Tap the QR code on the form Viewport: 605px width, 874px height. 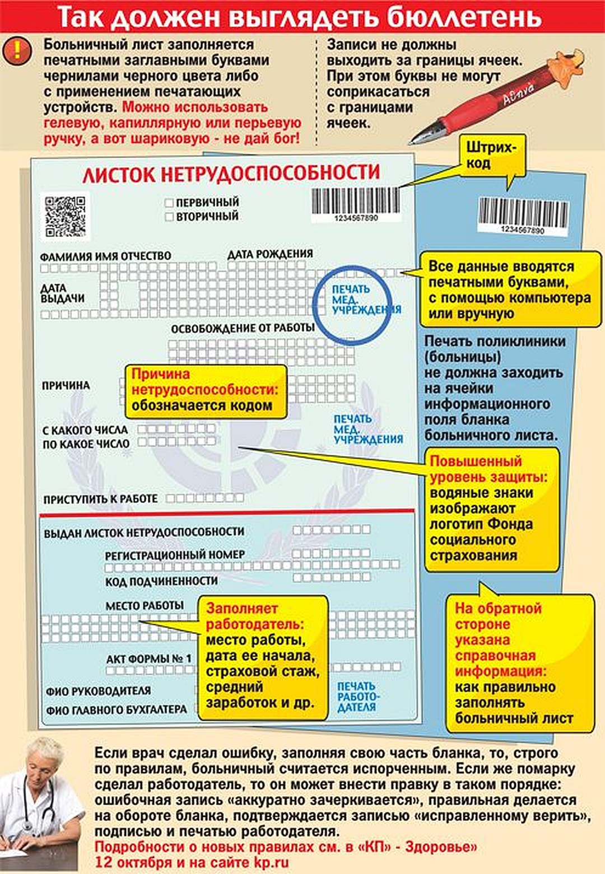coord(65,217)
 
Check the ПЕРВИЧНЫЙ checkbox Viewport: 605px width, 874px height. coord(169,203)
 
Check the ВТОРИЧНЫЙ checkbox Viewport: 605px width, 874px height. coord(169,217)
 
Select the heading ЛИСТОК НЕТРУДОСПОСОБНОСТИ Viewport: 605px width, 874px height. coord(231,173)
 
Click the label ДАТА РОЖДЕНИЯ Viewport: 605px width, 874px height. coord(270,254)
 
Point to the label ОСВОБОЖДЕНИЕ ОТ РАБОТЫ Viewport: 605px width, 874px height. coord(243,329)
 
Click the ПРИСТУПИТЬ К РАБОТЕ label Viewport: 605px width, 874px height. coord(100,499)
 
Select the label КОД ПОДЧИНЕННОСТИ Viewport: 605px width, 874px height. coord(161,581)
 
